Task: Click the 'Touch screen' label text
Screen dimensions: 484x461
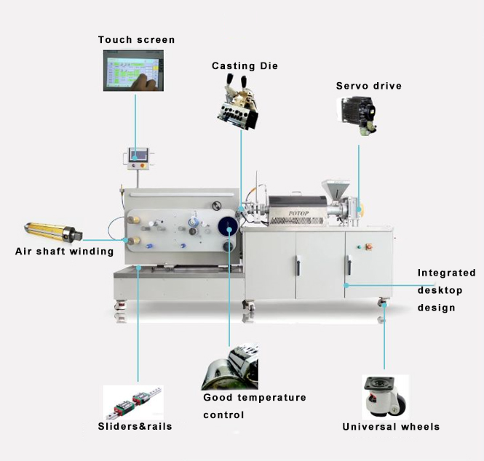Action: coord(136,40)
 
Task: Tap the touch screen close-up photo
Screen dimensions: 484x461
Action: coord(133,71)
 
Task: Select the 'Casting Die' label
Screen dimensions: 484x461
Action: coord(245,65)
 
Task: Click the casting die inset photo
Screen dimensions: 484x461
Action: coord(238,103)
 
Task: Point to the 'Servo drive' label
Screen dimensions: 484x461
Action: coord(369,86)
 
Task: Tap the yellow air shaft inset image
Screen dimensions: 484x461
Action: coord(53,231)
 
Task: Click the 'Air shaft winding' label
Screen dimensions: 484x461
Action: coord(65,252)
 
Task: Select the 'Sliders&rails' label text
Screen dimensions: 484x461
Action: coord(135,427)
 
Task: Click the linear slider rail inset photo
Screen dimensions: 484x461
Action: coord(133,403)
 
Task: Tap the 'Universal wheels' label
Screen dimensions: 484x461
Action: coord(391,427)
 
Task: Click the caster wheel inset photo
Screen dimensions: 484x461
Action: coord(386,397)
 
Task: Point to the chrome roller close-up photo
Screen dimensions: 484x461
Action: coord(230,366)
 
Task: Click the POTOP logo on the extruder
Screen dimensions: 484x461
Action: coord(298,213)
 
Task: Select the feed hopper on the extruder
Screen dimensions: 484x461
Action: coord(336,189)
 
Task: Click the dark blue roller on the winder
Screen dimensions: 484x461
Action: coord(228,227)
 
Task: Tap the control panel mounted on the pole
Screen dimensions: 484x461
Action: coord(138,159)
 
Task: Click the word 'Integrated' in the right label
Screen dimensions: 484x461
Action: coord(447,273)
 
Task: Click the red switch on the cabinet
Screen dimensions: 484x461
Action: coord(369,246)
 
